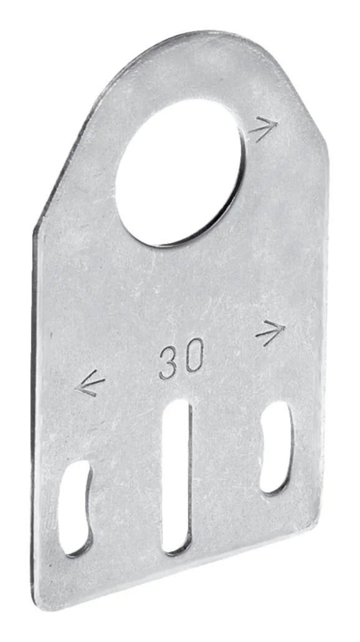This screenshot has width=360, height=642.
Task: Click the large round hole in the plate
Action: tap(179, 172)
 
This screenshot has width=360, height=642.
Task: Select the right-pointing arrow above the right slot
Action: tap(270, 332)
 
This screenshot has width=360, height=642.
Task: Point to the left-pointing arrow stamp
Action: tap(89, 383)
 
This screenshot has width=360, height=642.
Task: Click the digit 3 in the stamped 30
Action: tap(169, 364)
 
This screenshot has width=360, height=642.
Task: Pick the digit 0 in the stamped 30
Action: tap(194, 355)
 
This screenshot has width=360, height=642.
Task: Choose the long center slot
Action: tap(177, 477)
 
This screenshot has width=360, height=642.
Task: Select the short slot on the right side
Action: tap(277, 448)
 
